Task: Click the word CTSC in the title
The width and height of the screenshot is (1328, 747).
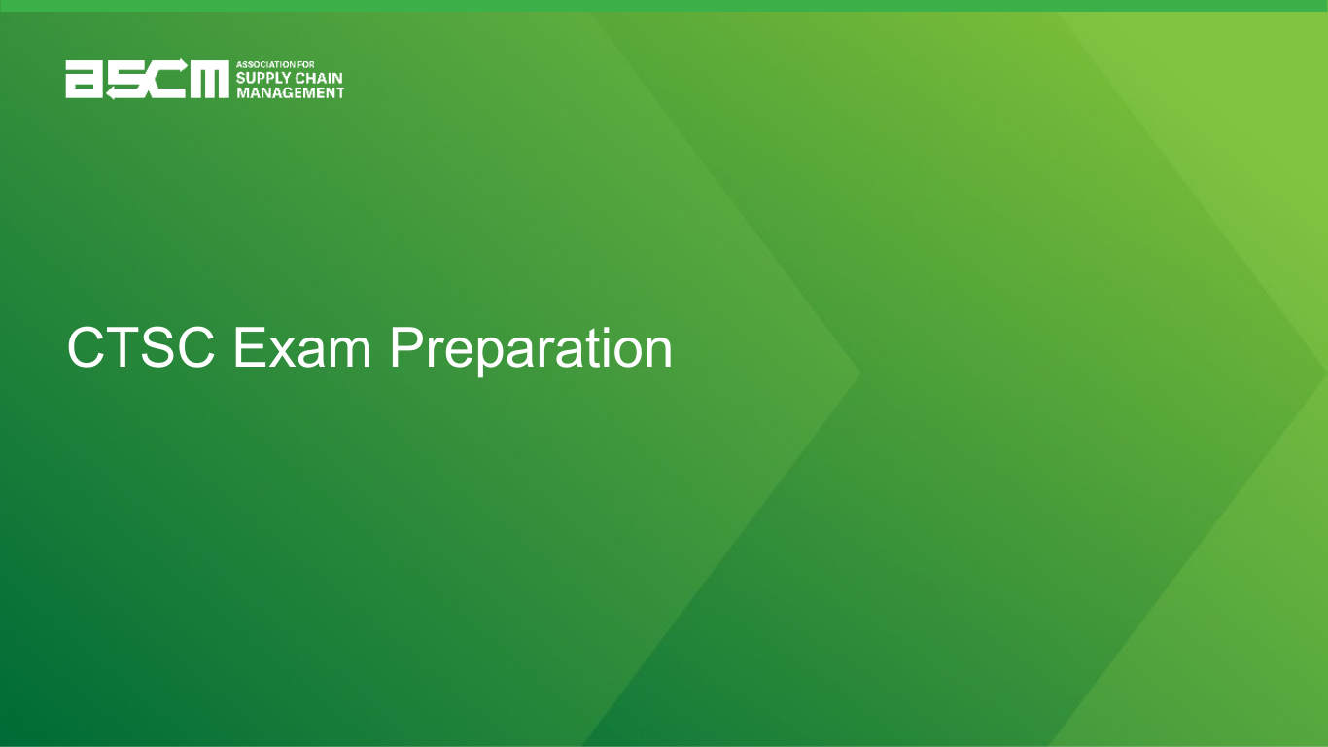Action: [141, 347]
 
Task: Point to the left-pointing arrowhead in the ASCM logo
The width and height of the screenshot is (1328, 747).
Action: [111, 93]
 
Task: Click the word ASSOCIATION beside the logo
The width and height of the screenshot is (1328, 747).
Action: [267, 64]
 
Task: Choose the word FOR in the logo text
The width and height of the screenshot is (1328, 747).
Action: [307, 64]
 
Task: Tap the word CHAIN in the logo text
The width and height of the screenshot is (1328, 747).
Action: [319, 78]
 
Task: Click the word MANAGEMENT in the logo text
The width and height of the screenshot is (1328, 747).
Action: [290, 92]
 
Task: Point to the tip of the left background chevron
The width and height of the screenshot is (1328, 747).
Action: [860, 373]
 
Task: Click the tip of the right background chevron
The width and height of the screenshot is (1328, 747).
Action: [1326, 373]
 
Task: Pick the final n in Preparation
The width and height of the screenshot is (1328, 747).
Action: [658, 353]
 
